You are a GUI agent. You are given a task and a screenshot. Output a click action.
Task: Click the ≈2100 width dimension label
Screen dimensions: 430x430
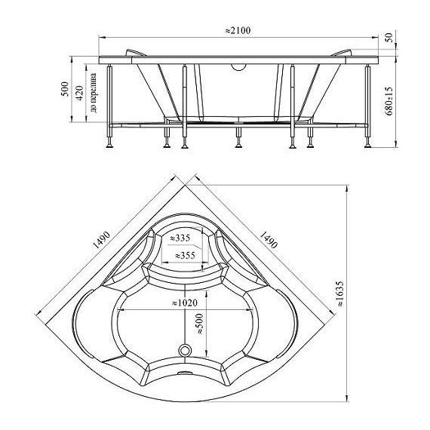click(x=238, y=31)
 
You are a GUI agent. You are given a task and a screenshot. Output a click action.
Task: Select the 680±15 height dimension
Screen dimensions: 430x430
click(x=389, y=101)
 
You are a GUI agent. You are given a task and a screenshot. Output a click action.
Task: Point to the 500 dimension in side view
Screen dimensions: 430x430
click(x=65, y=89)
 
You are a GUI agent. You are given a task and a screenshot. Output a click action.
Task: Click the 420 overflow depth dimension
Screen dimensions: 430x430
click(x=79, y=93)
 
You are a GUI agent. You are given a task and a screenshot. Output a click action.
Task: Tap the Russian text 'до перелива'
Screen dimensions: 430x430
click(x=93, y=93)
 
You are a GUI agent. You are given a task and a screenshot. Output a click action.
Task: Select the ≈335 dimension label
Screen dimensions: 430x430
click(x=180, y=238)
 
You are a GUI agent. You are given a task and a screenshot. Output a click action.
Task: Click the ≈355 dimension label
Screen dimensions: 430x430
click(x=186, y=256)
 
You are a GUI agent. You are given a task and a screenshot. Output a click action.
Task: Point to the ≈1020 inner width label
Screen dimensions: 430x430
click(x=185, y=303)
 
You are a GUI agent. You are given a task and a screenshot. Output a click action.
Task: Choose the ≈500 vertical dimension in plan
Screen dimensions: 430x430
click(x=200, y=324)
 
